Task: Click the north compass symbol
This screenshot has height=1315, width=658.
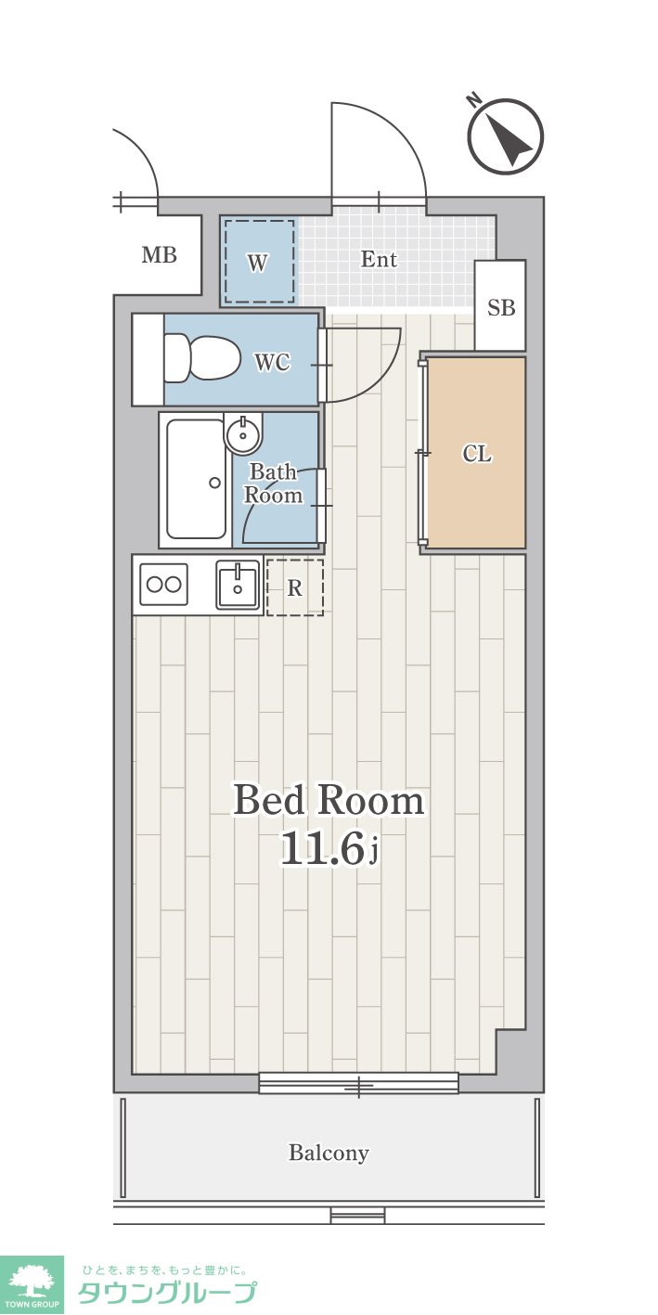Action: click(504, 136)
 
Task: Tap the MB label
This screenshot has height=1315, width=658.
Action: click(159, 255)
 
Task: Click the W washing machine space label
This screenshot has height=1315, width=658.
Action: click(257, 263)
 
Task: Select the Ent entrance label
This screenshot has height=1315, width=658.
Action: click(379, 259)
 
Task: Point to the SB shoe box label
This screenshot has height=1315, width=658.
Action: click(500, 307)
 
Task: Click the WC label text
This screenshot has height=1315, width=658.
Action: click(272, 362)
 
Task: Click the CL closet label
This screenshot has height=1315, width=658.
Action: click(477, 453)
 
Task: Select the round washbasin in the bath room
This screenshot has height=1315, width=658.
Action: click(243, 434)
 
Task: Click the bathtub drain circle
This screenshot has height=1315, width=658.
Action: click(215, 483)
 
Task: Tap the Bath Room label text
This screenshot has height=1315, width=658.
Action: click(274, 483)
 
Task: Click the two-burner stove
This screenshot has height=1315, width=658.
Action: click(163, 584)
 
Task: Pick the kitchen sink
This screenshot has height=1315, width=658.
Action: click(238, 584)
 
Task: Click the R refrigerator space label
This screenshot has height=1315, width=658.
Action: click(295, 587)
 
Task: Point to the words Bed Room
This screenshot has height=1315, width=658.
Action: click(329, 800)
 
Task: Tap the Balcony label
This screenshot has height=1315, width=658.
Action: click(329, 1153)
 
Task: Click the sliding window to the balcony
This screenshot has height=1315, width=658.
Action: click(358, 1083)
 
